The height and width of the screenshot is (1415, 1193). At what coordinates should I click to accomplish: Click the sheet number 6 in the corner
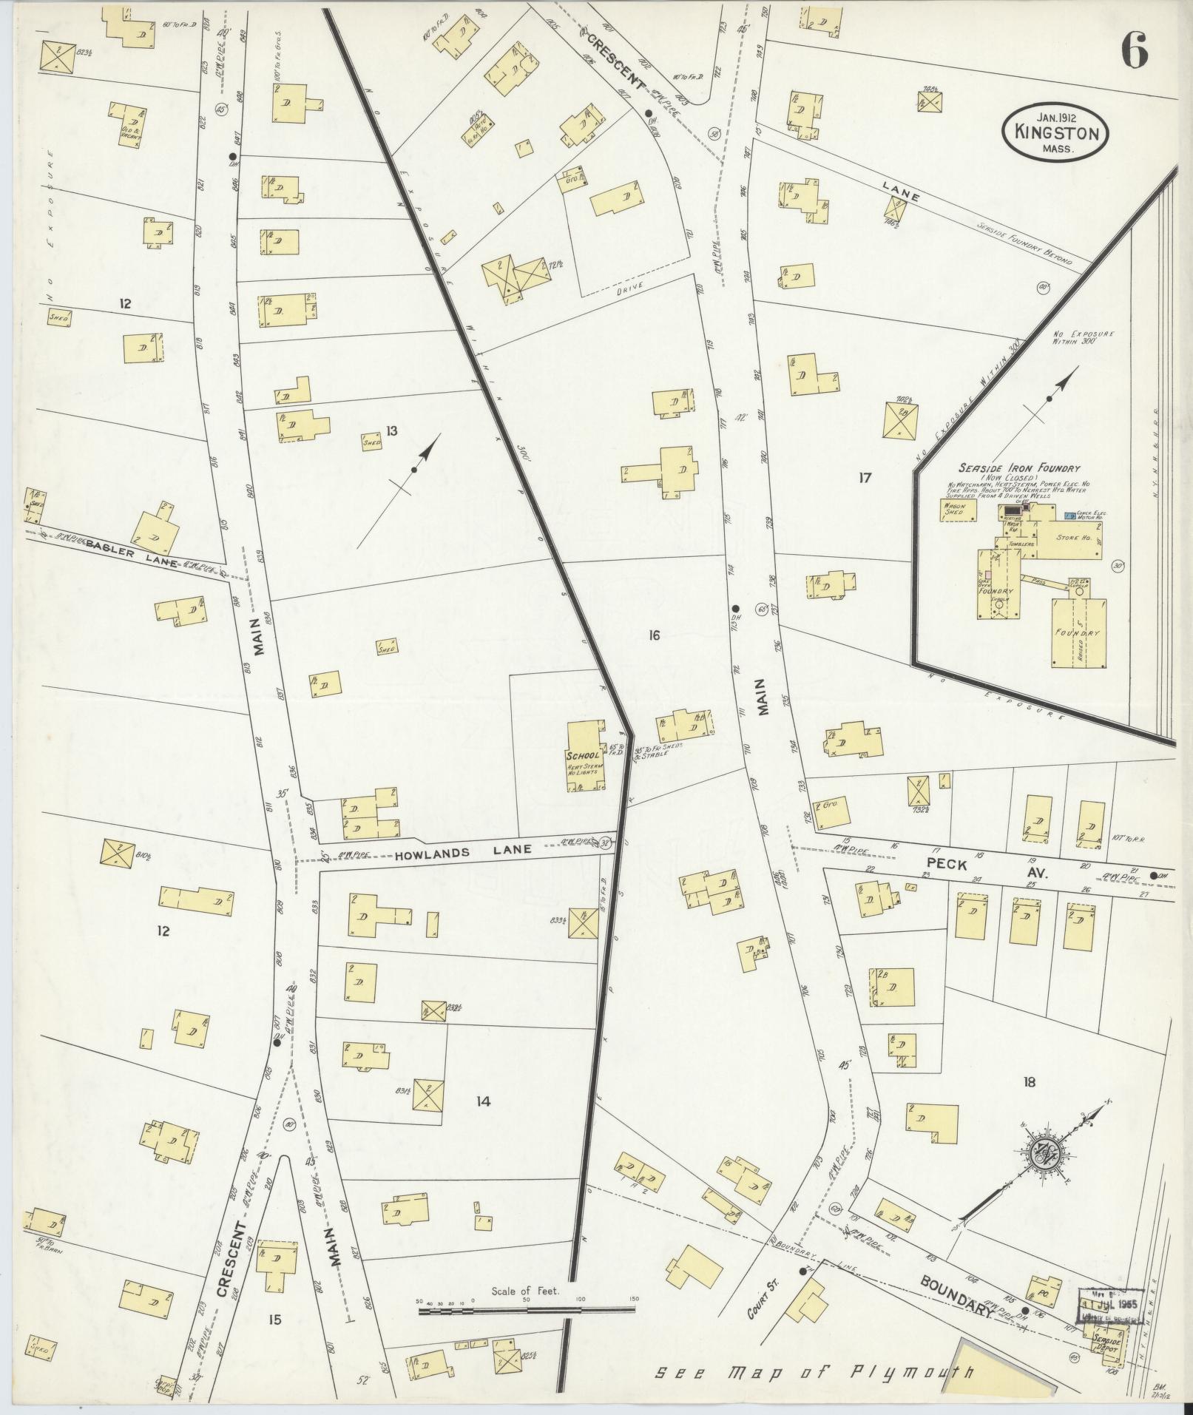point(1134,52)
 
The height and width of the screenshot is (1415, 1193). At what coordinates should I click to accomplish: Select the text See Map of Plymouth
point(814,1373)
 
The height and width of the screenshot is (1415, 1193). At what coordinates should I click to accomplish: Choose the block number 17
point(865,478)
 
